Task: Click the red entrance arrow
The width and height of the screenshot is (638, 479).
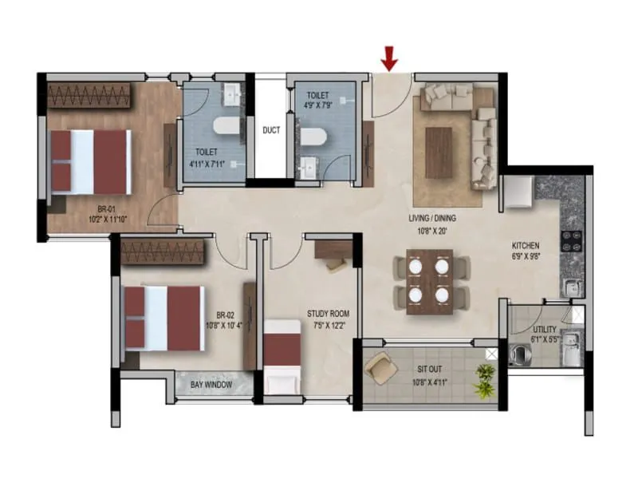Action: [389, 57]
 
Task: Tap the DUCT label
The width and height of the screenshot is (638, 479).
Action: [271, 130]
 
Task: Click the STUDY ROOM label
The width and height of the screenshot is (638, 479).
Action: [328, 314]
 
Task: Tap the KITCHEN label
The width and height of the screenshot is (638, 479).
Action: [526, 245]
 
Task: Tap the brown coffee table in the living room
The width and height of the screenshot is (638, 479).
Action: [439, 152]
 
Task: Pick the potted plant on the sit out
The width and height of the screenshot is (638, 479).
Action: [483, 380]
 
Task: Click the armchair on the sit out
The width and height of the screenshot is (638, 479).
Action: [380, 366]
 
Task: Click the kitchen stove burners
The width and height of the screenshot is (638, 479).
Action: [573, 240]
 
